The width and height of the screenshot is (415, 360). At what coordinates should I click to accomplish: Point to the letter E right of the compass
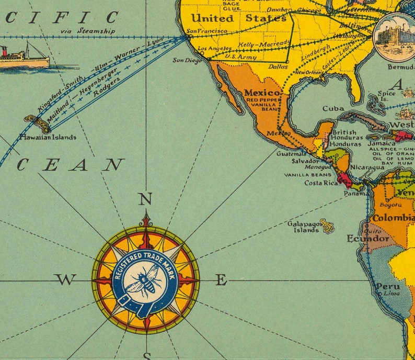point(222,280)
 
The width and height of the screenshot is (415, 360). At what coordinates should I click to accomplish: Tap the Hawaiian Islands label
point(48,137)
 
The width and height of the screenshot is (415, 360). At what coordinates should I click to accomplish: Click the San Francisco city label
point(207,31)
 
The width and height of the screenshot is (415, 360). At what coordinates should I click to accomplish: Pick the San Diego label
point(187,60)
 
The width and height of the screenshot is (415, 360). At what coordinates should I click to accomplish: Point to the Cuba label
point(333,109)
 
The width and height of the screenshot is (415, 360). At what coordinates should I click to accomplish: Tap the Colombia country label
point(394,218)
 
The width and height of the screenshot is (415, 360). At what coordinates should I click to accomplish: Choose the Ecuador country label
point(368,239)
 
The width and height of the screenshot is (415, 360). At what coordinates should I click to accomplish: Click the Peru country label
point(388,286)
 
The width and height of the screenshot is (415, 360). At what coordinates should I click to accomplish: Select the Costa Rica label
point(320,183)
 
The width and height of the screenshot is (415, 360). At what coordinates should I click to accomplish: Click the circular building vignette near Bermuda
point(394,37)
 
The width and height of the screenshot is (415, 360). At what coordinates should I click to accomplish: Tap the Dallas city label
point(279,67)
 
